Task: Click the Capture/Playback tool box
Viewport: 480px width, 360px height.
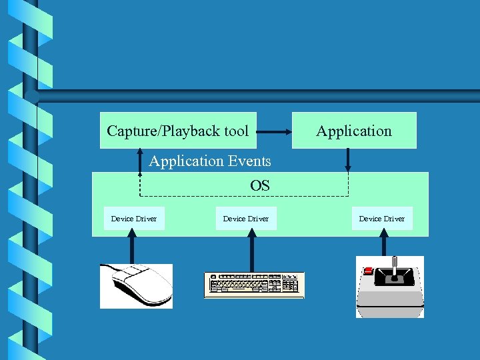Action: point(177,131)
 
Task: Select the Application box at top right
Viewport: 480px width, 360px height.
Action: point(354,131)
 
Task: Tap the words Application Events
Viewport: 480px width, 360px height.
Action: point(210,161)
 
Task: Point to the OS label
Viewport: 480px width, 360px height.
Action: point(260,185)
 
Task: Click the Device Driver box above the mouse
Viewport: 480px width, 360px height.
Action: point(134,219)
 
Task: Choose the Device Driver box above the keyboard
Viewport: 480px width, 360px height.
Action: point(246,219)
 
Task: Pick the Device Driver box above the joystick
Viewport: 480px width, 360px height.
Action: point(382,219)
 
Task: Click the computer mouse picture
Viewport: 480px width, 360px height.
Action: point(137,285)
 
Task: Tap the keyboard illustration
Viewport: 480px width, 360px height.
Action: point(254,285)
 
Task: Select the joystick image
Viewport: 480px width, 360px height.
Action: point(390,287)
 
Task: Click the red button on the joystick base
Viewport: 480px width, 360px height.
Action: point(368,271)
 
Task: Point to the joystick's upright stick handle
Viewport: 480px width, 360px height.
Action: point(393,265)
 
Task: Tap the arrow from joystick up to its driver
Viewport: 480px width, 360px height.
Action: point(385,243)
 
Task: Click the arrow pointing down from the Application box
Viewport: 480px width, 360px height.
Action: point(347,160)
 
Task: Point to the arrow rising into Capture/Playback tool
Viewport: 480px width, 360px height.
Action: point(140,160)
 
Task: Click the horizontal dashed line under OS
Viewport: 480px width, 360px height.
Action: point(243,196)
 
